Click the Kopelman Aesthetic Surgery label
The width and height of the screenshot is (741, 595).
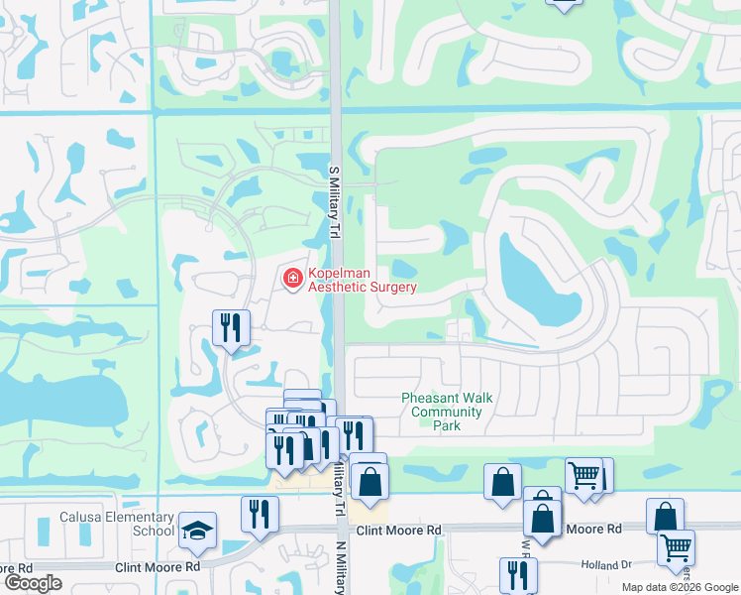pyautogui.click(x=362, y=280)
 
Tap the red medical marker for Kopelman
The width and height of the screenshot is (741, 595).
pyautogui.click(x=292, y=279)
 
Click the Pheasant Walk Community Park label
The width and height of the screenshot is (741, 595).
pyautogui.click(x=447, y=412)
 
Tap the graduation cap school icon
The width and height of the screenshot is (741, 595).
pyautogui.click(x=197, y=528)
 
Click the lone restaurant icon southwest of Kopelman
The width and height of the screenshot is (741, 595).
pyautogui.click(x=232, y=326)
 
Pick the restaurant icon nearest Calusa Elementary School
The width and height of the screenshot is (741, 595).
pyautogui.click(x=260, y=513)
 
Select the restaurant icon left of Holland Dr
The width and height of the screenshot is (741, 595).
pyautogui.click(x=518, y=574)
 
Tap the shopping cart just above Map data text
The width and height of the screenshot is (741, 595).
pyautogui.click(x=676, y=546)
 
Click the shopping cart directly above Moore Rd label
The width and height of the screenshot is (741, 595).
pyautogui.click(x=584, y=475)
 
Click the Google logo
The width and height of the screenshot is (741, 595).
pyautogui.click(x=34, y=583)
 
